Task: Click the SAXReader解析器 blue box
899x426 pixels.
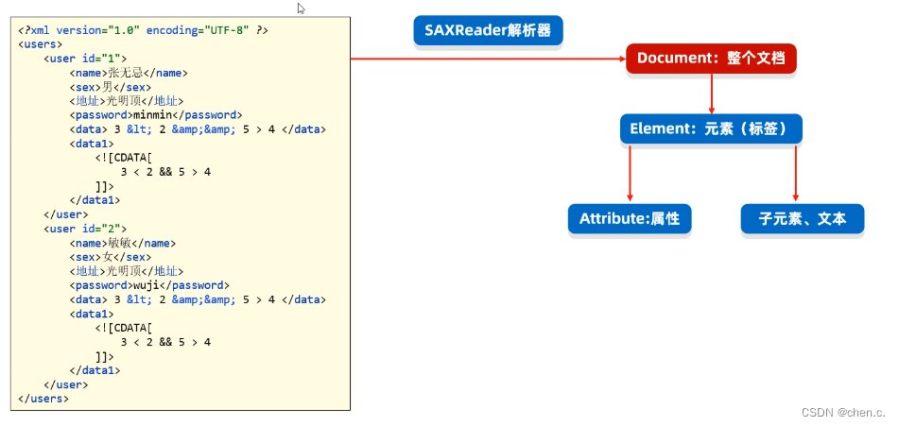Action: pyautogui.click(x=488, y=30)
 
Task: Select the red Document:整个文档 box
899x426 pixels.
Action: pyautogui.click(x=711, y=59)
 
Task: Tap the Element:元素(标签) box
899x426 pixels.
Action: pyautogui.click(x=711, y=128)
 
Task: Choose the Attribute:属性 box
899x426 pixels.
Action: pyautogui.click(x=629, y=219)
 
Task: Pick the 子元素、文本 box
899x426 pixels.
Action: pyautogui.click(x=802, y=219)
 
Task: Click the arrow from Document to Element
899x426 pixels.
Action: pyautogui.click(x=711, y=94)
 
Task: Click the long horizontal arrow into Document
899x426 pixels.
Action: pyautogui.click(x=487, y=59)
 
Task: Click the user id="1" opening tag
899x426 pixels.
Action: pyautogui.click(x=85, y=59)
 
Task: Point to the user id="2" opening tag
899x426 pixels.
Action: pyautogui.click(x=85, y=229)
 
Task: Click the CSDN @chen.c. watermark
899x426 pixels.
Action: pyautogui.click(x=843, y=413)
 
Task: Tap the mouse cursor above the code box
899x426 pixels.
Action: pyautogui.click(x=302, y=9)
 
